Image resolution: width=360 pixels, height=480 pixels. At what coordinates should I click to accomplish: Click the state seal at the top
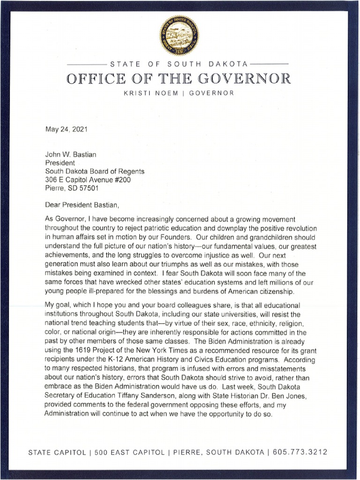[180, 35]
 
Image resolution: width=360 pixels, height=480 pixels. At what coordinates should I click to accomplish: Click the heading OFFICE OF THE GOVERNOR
[179, 78]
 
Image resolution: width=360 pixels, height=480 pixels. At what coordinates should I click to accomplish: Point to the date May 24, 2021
[66, 128]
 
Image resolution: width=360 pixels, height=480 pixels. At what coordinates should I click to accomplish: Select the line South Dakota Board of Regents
[94, 171]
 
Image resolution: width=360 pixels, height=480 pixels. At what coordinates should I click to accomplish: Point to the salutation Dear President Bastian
[86, 205]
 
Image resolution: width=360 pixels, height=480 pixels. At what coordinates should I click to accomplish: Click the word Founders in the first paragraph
[170, 237]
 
